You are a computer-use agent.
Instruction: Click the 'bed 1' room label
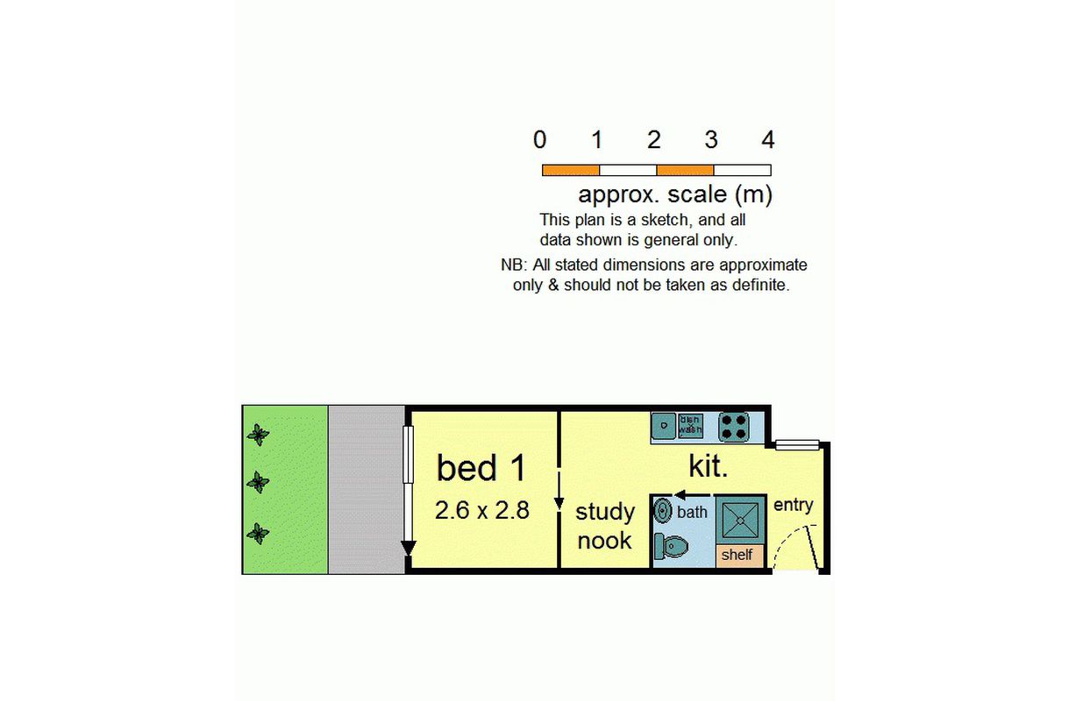pos(481,468)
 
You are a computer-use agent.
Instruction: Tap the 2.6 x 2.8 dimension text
pos(482,510)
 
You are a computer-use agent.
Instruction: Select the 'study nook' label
pos(604,527)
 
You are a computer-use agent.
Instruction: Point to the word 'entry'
pos(793,505)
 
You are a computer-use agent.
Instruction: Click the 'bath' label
pos(692,512)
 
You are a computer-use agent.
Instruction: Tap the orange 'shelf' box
pos(740,555)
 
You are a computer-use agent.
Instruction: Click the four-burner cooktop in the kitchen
pos(734,427)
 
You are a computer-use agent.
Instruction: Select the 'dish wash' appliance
pos(690,425)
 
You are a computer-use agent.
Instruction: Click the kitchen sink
pos(664,426)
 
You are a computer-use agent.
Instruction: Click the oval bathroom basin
pos(663,511)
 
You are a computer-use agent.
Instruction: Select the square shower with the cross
pos(740,520)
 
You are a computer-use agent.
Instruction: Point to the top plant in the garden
pos(258,435)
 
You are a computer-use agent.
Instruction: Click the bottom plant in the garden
pos(258,533)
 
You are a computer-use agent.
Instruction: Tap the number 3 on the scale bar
pos(711,139)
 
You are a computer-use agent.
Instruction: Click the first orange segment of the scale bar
pos(571,170)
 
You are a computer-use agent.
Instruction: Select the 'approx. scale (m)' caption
pos(674,195)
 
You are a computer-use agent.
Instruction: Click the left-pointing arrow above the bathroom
pos(692,494)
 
